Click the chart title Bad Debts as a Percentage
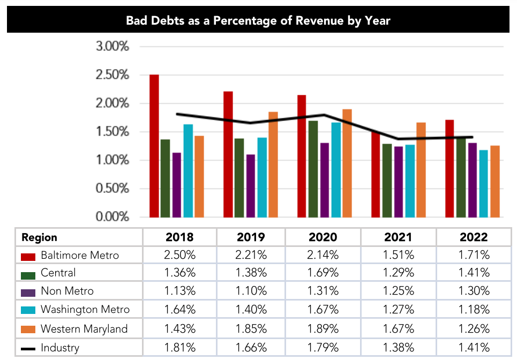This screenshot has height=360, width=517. point(258,21)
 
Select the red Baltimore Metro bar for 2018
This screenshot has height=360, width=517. point(154,146)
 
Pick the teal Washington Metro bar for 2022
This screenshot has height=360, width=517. point(484,184)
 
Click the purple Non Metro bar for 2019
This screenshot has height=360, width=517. point(251,186)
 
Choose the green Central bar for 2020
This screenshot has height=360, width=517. point(313,169)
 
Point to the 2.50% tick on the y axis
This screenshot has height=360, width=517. point(113,75)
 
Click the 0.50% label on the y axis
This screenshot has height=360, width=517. point(113,189)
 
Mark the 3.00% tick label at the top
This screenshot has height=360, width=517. point(113,47)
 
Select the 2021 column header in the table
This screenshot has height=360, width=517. point(398,237)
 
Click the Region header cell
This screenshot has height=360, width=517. point(40,237)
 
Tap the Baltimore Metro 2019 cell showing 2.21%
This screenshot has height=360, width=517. point(251,256)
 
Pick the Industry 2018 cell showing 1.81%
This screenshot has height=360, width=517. point(179,347)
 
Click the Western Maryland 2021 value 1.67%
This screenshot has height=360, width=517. point(398,328)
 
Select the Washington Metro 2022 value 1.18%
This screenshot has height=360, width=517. point(474,310)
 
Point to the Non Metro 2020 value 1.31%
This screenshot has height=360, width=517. point(323,291)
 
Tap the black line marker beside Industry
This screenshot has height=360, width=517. point(28,348)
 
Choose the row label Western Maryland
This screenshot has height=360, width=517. point(84,328)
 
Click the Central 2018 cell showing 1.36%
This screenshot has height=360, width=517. point(179,273)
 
